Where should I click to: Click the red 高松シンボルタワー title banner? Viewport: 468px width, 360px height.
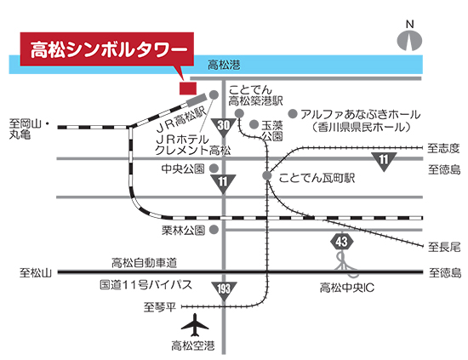pos(107,49)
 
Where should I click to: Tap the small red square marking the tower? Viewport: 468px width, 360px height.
pos(188,88)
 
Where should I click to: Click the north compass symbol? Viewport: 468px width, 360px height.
pos(409,41)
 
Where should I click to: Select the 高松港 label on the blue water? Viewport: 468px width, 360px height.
pos(224,65)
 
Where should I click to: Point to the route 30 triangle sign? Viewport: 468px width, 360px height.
pos(224,127)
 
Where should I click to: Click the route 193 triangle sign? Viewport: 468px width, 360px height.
pos(224,290)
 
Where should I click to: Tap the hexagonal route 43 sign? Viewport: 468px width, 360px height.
pos(342,241)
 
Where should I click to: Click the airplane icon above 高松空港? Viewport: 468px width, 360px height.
pos(195,325)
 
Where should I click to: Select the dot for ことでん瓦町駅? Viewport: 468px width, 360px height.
pos(267,175)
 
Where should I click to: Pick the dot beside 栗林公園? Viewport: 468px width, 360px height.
pos(214,230)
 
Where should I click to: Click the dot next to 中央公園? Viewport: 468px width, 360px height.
pos(214,169)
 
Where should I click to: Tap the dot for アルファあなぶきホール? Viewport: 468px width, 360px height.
pos(293,114)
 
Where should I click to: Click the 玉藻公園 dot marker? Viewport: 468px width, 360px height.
pos(254,124)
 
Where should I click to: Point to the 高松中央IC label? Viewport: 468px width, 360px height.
pos(347,288)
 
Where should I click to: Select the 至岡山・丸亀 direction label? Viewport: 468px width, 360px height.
pos(29,129)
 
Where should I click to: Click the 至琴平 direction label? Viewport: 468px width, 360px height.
pos(160,306)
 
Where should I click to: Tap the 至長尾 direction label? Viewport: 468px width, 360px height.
pos(444,247)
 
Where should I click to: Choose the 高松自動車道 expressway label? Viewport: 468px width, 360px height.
pos(144,263)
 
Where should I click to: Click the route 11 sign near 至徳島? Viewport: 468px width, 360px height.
pos(384,161)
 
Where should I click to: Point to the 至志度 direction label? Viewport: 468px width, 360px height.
pos(443,148)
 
